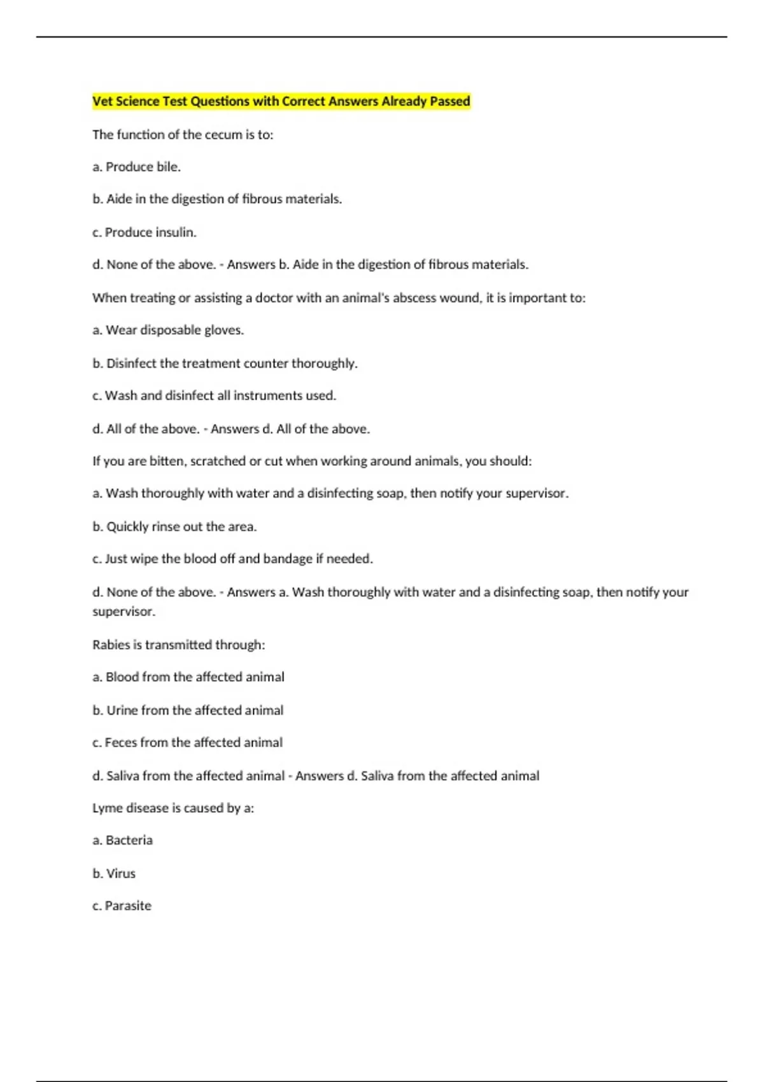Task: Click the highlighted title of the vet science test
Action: click(x=281, y=101)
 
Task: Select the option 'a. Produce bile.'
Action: click(x=136, y=167)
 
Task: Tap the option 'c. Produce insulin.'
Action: click(x=144, y=232)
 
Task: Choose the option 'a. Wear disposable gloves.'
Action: click(x=168, y=330)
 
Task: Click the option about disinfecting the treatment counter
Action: click(x=225, y=363)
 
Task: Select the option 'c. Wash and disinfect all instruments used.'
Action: click(x=214, y=396)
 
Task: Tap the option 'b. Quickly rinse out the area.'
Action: click(x=174, y=527)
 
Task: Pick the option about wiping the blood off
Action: click(x=232, y=559)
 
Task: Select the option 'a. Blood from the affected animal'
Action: click(x=188, y=677)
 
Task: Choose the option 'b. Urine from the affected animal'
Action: click(x=188, y=710)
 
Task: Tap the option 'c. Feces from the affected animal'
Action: click(x=187, y=743)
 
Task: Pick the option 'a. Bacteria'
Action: click(x=122, y=841)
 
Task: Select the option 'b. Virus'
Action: click(x=114, y=874)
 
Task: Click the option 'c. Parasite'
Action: click(x=122, y=906)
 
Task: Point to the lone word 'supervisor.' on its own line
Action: click(x=124, y=612)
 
